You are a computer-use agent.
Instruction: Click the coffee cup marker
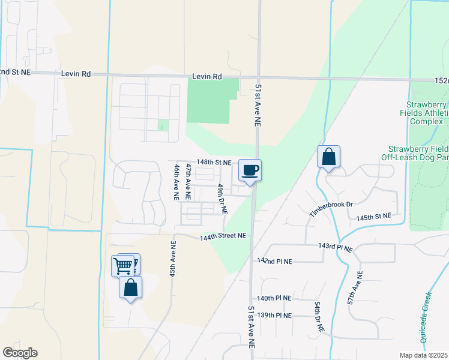point(250,170)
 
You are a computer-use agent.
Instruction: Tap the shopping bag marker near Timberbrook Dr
point(328,157)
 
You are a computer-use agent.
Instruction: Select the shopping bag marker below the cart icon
point(131,287)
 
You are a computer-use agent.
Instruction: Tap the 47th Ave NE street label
point(188,181)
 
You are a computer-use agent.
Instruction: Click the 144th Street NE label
point(223,236)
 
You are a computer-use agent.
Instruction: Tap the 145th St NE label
point(373,216)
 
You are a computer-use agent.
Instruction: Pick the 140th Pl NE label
point(274,298)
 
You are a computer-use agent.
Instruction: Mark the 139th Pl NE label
point(274,315)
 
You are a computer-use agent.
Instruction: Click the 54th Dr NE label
point(319,317)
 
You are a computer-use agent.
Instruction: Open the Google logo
point(20,353)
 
